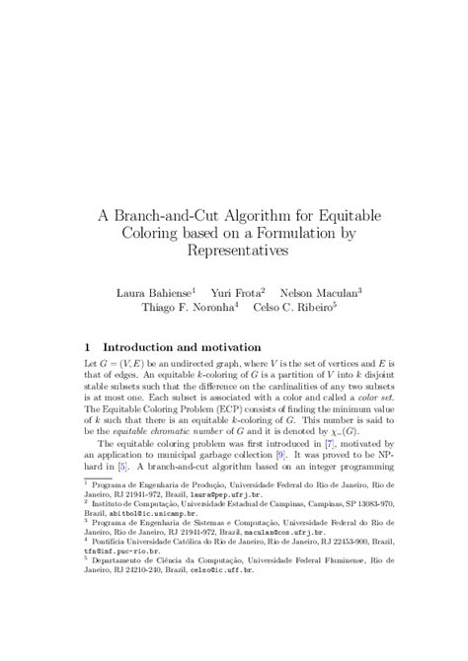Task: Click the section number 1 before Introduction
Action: [88, 347]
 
